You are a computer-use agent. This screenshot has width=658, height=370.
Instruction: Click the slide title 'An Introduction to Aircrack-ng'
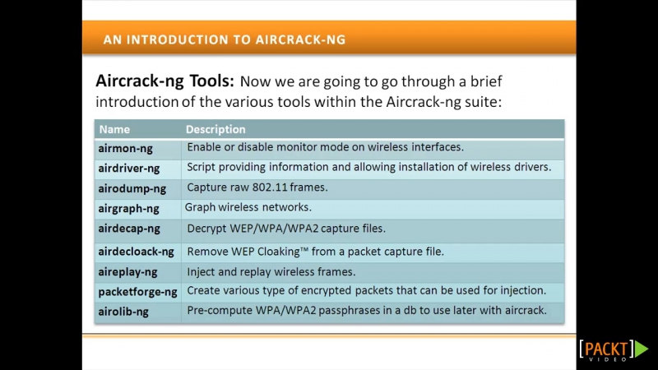click(225, 39)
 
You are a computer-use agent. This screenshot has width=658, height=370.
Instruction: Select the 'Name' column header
click(114, 129)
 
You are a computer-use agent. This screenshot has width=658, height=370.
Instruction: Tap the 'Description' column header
click(215, 129)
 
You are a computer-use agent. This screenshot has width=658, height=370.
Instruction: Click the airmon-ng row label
click(126, 149)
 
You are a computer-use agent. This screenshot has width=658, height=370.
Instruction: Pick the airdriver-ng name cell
click(129, 169)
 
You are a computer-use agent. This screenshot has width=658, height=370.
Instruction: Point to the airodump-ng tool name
click(132, 189)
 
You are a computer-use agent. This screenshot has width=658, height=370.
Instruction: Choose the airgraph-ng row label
click(128, 209)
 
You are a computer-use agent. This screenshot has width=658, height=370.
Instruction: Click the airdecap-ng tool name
click(129, 229)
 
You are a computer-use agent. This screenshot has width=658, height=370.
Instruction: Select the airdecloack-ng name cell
click(136, 252)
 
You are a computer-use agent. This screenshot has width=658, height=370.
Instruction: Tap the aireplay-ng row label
click(127, 272)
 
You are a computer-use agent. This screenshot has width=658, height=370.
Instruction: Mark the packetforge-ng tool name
click(137, 292)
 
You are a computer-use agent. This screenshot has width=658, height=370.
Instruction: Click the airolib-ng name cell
click(123, 312)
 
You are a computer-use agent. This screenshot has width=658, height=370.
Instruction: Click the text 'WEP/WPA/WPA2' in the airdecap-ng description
click(274, 229)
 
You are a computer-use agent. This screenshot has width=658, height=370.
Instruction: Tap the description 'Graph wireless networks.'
click(248, 207)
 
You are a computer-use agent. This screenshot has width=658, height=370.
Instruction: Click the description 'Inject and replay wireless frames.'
click(271, 272)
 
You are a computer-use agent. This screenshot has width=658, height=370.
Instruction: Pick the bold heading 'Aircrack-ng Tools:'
click(165, 81)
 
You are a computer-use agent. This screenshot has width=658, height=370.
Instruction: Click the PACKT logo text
click(606, 349)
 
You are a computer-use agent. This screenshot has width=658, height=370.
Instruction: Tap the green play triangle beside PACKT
click(641, 349)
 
